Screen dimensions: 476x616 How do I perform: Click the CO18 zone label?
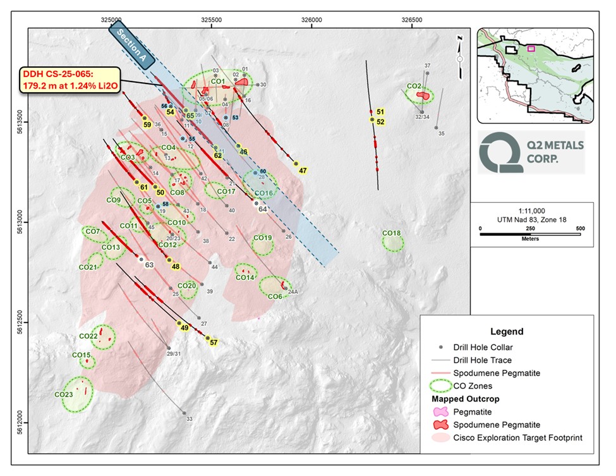(x=392, y=233)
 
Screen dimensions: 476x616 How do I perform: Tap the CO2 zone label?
(x=414, y=86)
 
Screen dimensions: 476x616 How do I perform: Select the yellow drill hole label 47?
(x=303, y=171)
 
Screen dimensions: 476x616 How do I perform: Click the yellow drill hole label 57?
(x=214, y=343)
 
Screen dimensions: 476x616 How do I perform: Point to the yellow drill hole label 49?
(x=184, y=328)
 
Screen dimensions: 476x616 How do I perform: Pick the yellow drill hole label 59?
(x=147, y=125)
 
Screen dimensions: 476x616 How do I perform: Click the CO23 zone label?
(x=63, y=394)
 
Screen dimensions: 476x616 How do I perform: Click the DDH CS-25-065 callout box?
(x=69, y=80)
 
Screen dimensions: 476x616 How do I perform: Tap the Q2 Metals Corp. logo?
(x=531, y=152)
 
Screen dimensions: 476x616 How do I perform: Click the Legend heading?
(x=506, y=331)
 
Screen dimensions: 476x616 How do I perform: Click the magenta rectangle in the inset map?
(x=531, y=47)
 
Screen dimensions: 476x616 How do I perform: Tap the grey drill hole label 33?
(x=189, y=418)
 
